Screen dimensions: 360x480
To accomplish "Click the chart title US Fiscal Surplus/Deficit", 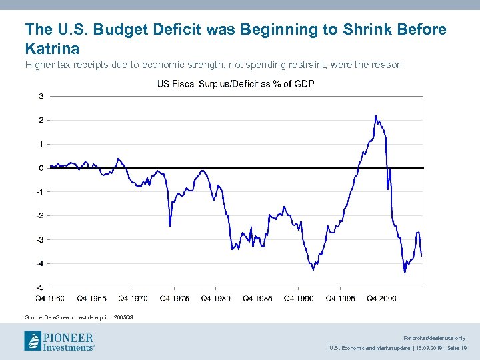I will [235, 84].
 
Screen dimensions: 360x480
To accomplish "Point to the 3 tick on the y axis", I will [41, 97].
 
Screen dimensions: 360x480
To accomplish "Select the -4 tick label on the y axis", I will [40, 263].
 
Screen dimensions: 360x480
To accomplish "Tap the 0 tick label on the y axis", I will [41, 168].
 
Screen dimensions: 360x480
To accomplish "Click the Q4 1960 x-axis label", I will [51, 299].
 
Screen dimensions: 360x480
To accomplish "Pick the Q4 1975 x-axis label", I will [175, 299].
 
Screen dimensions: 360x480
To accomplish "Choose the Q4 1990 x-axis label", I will [299, 299].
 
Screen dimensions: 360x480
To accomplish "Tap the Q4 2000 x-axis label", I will [382, 299].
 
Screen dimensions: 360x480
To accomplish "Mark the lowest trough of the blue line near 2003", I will [405, 271].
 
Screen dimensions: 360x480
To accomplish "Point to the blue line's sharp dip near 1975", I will [170, 225].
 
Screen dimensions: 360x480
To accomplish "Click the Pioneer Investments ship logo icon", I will [33, 341].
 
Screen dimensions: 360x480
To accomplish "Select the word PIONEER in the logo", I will [69, 337].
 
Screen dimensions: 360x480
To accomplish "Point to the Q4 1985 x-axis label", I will [258, 299].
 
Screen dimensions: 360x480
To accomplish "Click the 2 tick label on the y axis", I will [41, 121].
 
